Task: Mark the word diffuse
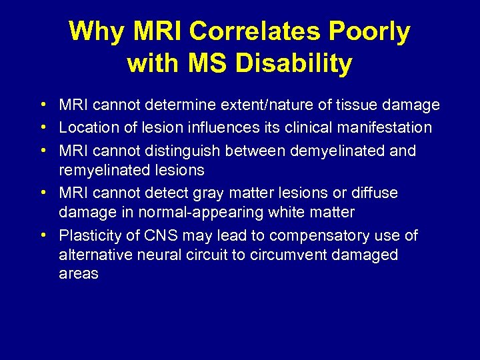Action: [x=375, y=193]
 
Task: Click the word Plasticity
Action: [x=90, y=236]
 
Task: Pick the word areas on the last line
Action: [x=79, y=275]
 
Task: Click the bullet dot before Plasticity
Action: [x=42, y=236]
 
